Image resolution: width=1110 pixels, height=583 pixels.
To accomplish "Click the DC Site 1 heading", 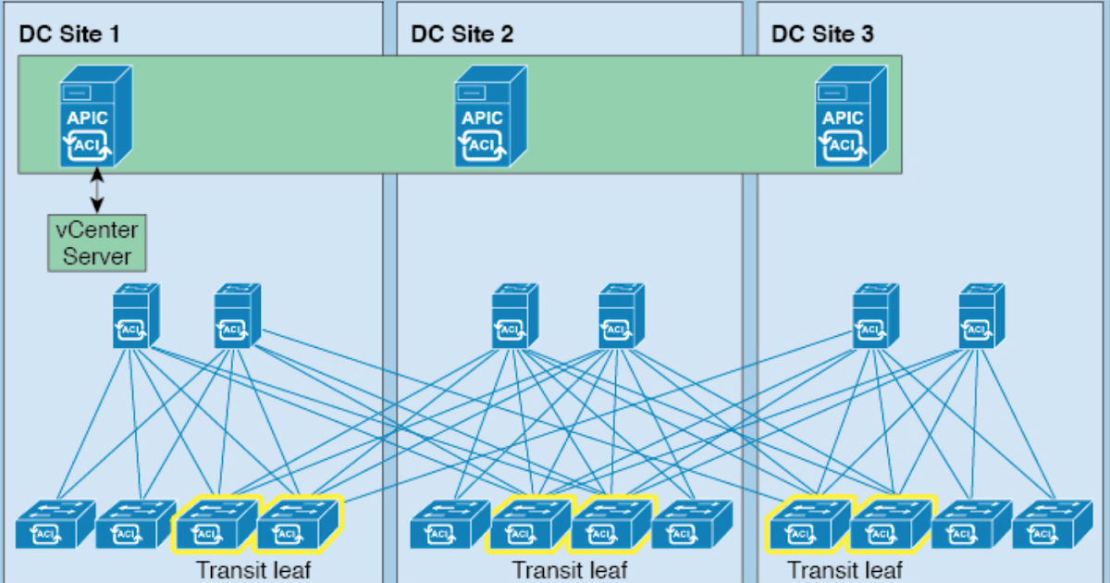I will (x=69, y=35).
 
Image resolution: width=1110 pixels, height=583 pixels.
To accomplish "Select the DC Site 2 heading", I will (x=462, y=35).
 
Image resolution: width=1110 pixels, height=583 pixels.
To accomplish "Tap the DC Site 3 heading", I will (x=822, y=35).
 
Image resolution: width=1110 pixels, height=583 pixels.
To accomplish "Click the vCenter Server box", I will (x=97, y=243).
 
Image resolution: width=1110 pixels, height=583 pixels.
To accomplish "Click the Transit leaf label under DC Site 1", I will (x=253, y=569).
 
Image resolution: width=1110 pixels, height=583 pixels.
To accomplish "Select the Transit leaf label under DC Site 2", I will (x=569, y=569).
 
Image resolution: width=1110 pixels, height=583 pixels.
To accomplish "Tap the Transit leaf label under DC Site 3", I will (x=845, y=569).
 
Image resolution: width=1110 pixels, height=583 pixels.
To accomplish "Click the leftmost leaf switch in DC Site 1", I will (x=55, y=525).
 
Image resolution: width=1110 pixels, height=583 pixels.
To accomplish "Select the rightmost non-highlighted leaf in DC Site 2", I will (x=691, y=525).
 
